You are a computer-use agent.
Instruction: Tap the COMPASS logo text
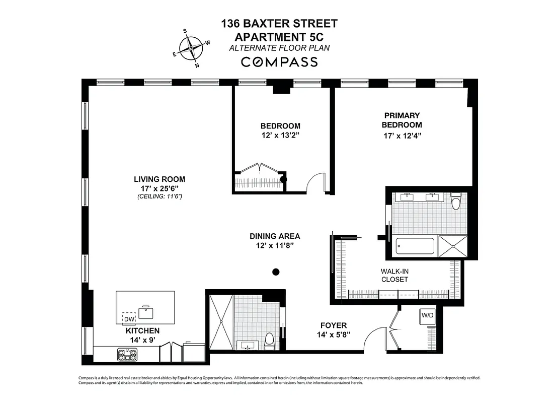pyautogui.click(x=279, y=62)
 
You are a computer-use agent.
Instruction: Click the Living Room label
pyautogui.click(x=159, y=179)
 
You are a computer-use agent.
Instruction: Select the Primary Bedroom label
pyautogui.click(x=402, y=120)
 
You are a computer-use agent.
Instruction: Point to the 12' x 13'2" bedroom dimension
pyautogui.click(x=280, y=135)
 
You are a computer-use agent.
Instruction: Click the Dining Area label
pyautogui.click(x=275, y=236)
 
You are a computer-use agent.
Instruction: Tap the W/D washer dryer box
pyautogui.click(x=427, y=315)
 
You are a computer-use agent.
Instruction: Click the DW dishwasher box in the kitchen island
pyautogui.click(x=129, y=319)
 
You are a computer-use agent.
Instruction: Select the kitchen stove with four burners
pyautogui.click(x=124, y=355)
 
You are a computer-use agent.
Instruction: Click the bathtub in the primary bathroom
pyautogui.click(x=416, y=246)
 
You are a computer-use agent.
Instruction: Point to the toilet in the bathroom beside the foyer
pyautogui.click(x=269, y=341)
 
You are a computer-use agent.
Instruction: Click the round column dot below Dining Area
pyautogui.click(x=275, y=272)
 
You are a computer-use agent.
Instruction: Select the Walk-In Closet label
pyautogui.click(x=394, y=275)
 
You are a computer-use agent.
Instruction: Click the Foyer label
pyautogui.click(x=334, y=325)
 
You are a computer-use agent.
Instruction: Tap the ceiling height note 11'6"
pyautogui.click(x=159, y=196)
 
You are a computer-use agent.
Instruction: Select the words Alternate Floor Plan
pyautogui.click(x=279, y=48)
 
